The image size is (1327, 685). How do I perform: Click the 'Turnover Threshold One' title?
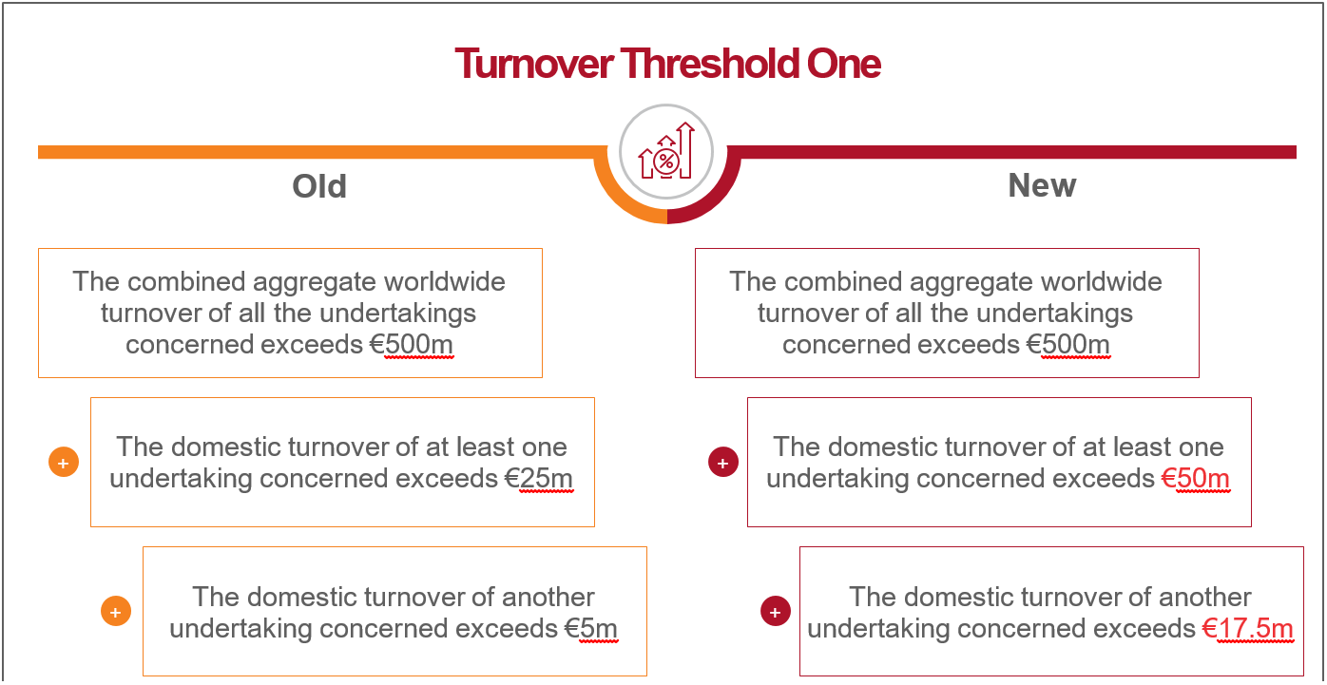coord(667,64)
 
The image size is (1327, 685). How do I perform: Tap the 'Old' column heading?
coord(319,186)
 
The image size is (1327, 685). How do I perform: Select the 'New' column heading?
coord(1042,185)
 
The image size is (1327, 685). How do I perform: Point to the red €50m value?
coord(1195,479)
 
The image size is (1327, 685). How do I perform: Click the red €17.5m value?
coord(1247,628)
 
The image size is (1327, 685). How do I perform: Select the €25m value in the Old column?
coord(539,479)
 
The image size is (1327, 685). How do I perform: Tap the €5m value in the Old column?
coord(590,628)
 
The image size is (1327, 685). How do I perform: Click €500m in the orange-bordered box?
coord(412,344)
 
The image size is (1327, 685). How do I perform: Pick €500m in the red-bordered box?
coord(1068,344)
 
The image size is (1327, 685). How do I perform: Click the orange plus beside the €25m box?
coord(64,462)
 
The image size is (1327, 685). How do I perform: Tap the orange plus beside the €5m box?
coord(116,611)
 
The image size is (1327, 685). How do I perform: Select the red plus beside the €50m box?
coord(723,462)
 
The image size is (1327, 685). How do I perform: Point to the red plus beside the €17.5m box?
coord(776,612)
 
